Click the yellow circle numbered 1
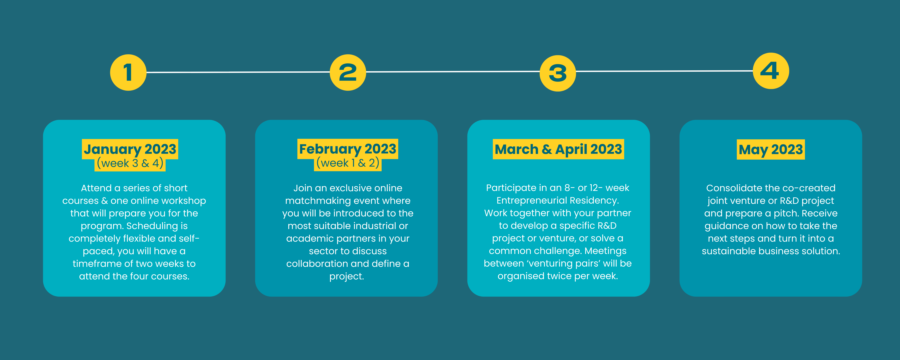coord(128,72)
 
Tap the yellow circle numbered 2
coord(348,72)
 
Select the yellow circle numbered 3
coord(558,73)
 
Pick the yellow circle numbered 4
coord(771,71)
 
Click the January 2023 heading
coord(130,149)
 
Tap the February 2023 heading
coord(348,149)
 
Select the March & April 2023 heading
coord(558,149)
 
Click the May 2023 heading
coord(771,150)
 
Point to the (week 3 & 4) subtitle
coord(130,163)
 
